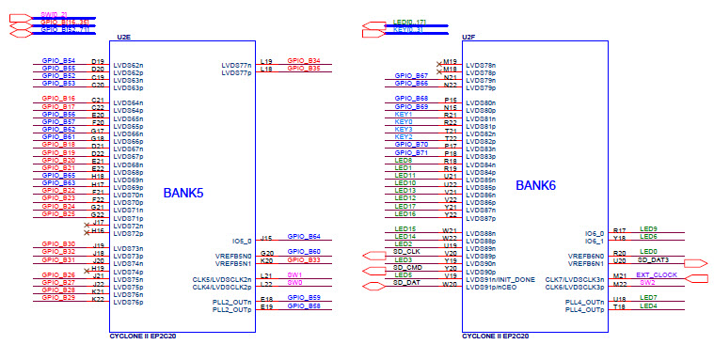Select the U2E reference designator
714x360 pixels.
pos(122,37)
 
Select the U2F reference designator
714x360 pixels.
pos(468,37)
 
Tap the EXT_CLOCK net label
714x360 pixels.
pos(657,274)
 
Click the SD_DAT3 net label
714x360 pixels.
pos(654,259)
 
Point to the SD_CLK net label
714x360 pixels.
pos(408,252)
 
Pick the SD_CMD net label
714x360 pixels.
pos(408,267)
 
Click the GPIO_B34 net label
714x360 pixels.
pos(303,60)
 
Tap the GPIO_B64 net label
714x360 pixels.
pos(303,237)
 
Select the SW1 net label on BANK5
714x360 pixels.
pos(294,274)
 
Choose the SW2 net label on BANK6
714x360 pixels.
pos(647,282)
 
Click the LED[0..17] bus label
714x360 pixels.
pos(408,22)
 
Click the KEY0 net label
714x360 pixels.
pos(404,121)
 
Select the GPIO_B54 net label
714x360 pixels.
pos(58,60)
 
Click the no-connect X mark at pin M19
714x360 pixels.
pos(439,63)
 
